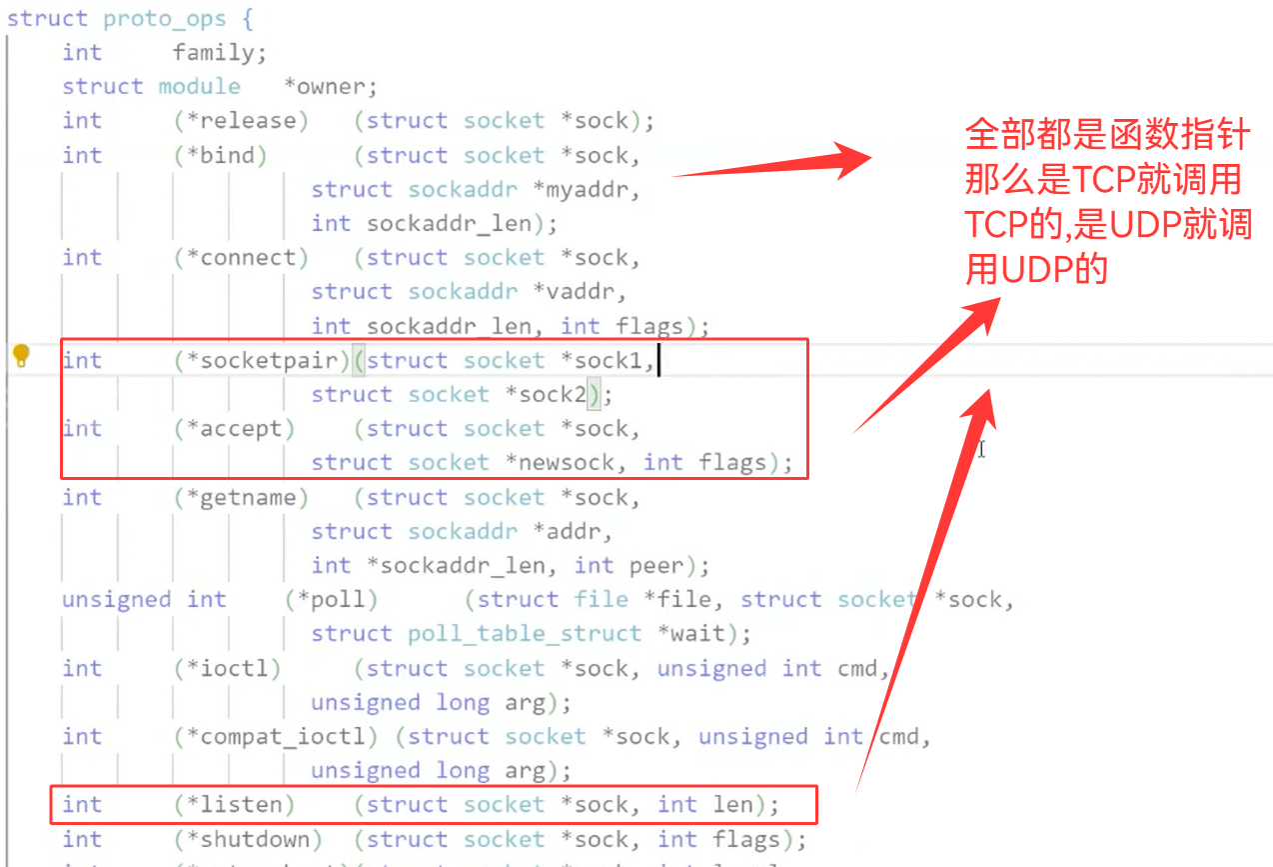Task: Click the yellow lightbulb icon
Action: point(21,356)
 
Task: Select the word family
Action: point(219,52)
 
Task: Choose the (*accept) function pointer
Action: point(234,429)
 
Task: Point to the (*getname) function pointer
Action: point(241,498)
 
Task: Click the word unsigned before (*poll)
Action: point(116,600)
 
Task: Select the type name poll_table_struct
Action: point(525,634)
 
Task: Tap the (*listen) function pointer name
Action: point(234,805)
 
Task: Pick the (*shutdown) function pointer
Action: point(248,840)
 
